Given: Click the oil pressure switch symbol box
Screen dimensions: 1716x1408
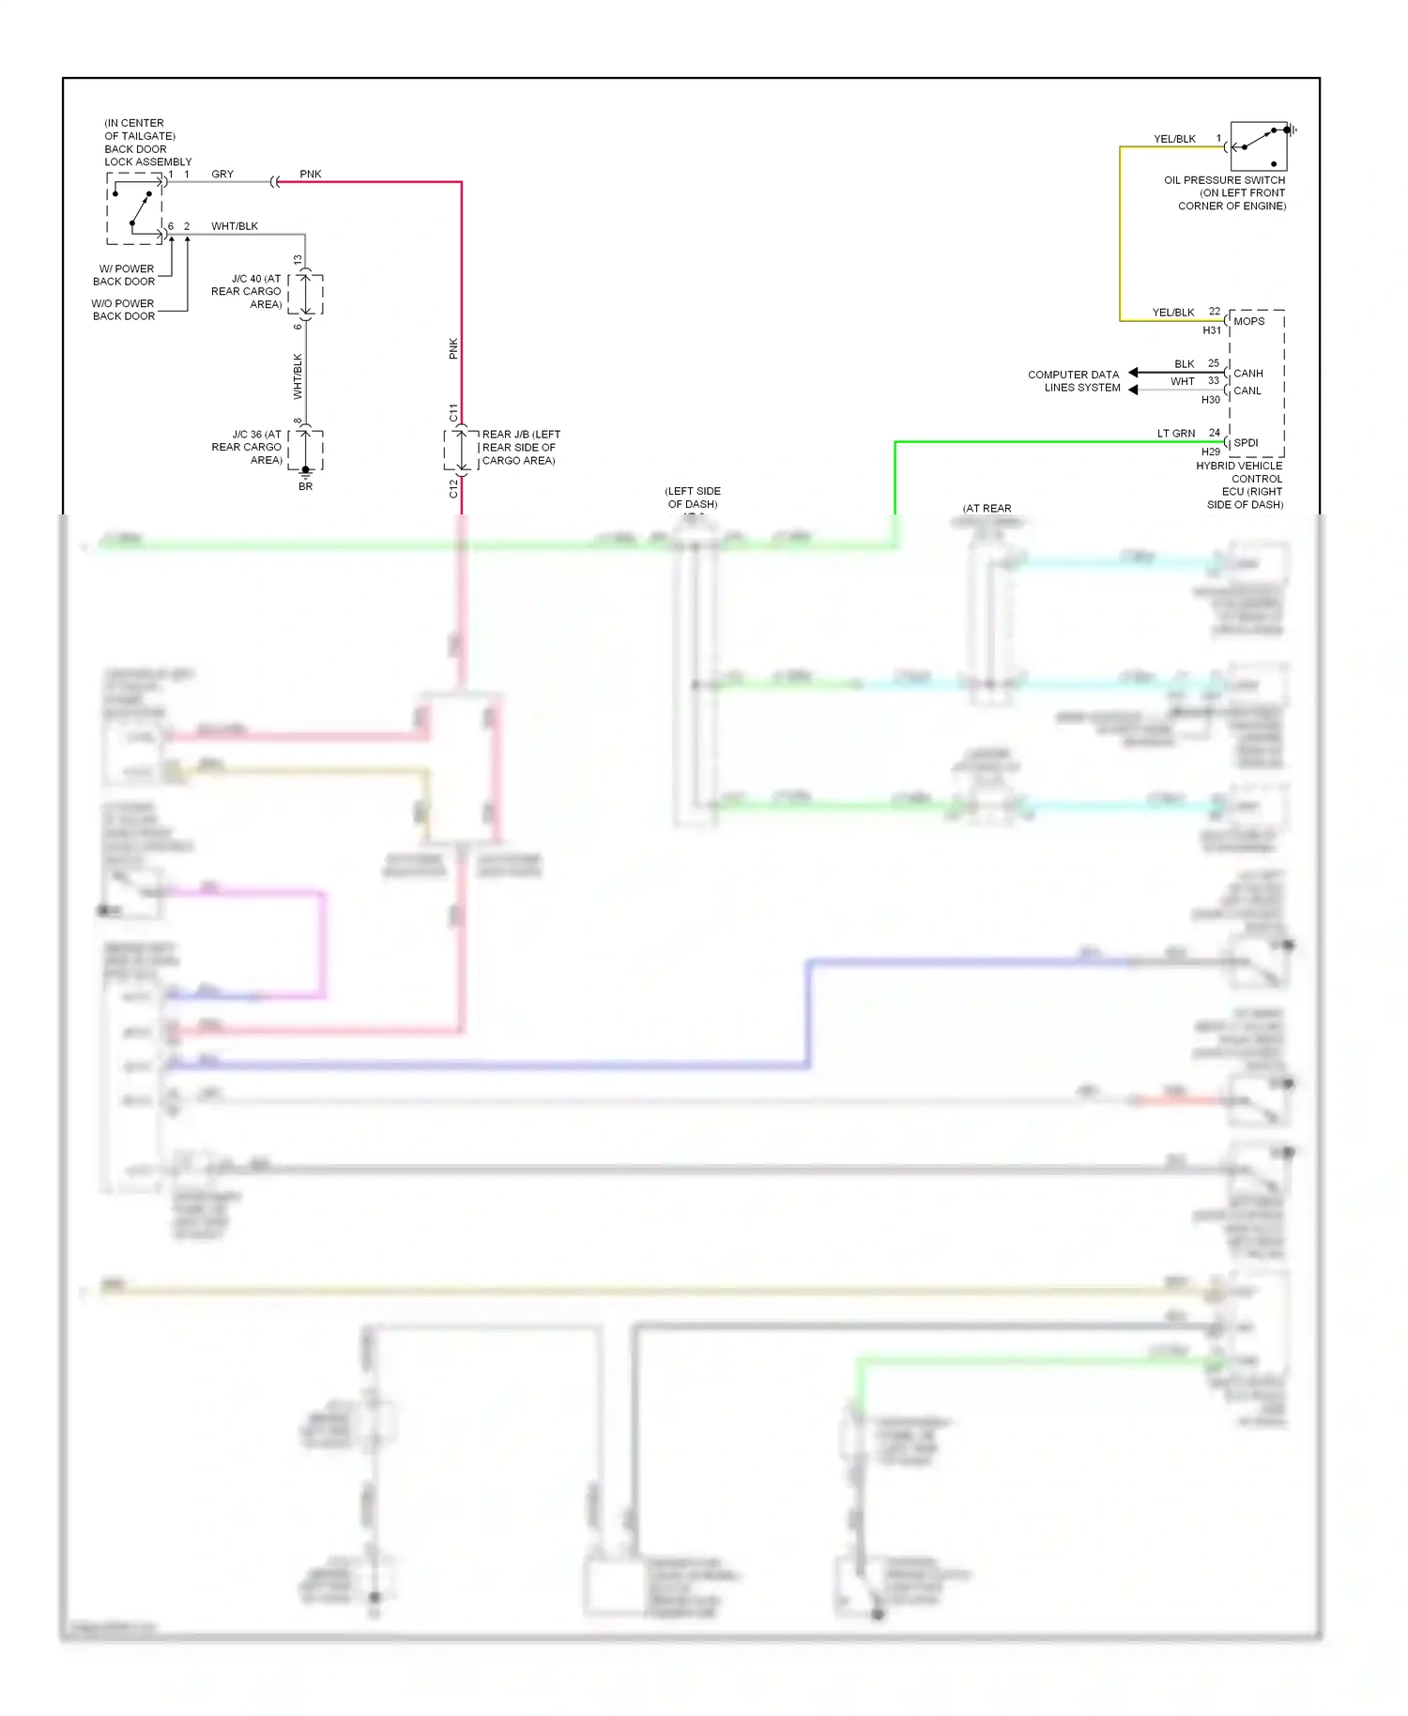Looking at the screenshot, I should pyautogui.click(x=1258, y=146).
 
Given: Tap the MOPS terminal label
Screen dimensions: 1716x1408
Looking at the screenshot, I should pyautogui.click(x=1248, y=321).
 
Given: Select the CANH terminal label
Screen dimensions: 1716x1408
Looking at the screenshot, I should pyautogui.click(x=1247, y=374).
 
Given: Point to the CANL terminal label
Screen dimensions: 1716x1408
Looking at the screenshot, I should pyautogui.click(x=1247, y=391).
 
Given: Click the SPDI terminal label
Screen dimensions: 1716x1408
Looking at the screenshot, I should pyautogui.click(x=1246, y=443).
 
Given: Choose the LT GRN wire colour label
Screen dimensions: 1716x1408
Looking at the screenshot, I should pyautogui.click(x=1175, y=434).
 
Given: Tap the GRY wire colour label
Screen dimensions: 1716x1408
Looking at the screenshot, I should pyautogui.click(x=222, y=175).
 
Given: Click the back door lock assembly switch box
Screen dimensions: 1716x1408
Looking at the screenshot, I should pyautogui.click(x=134, y=208).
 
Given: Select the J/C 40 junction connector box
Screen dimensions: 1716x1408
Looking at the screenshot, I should pyautogui.click(x=305, y=294).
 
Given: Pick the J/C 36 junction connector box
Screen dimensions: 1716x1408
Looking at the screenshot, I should pyautogui.click(x=305, y=450).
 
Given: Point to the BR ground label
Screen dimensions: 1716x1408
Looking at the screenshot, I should pyautogui.click(x=305, y=486).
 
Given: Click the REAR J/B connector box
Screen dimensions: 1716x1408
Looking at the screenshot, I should pyautogui.click(x=461, y=450).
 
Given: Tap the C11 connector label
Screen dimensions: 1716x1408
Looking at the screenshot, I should pyautogui.click(x=453, y=413).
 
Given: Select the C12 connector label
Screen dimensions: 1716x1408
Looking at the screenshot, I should pyautogui.click(x=453, y=488).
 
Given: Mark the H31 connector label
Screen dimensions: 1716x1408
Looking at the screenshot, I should pyautogui.click(x=1212, y=330).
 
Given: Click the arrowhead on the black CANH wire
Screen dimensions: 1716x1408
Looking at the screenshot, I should pyautogui.click(x=1133, y=373).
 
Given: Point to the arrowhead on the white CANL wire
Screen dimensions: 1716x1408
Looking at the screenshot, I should pyautogui.click(x=1133, y=390).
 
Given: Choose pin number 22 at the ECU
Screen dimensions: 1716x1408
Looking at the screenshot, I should pyautogui.click(x=1214, y=312).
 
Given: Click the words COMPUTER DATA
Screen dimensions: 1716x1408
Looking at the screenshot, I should pyautogui.click(x=1073, y=375).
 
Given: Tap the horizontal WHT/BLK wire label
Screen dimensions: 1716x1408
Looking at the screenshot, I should pyautogui.click(x=235, y=226).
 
